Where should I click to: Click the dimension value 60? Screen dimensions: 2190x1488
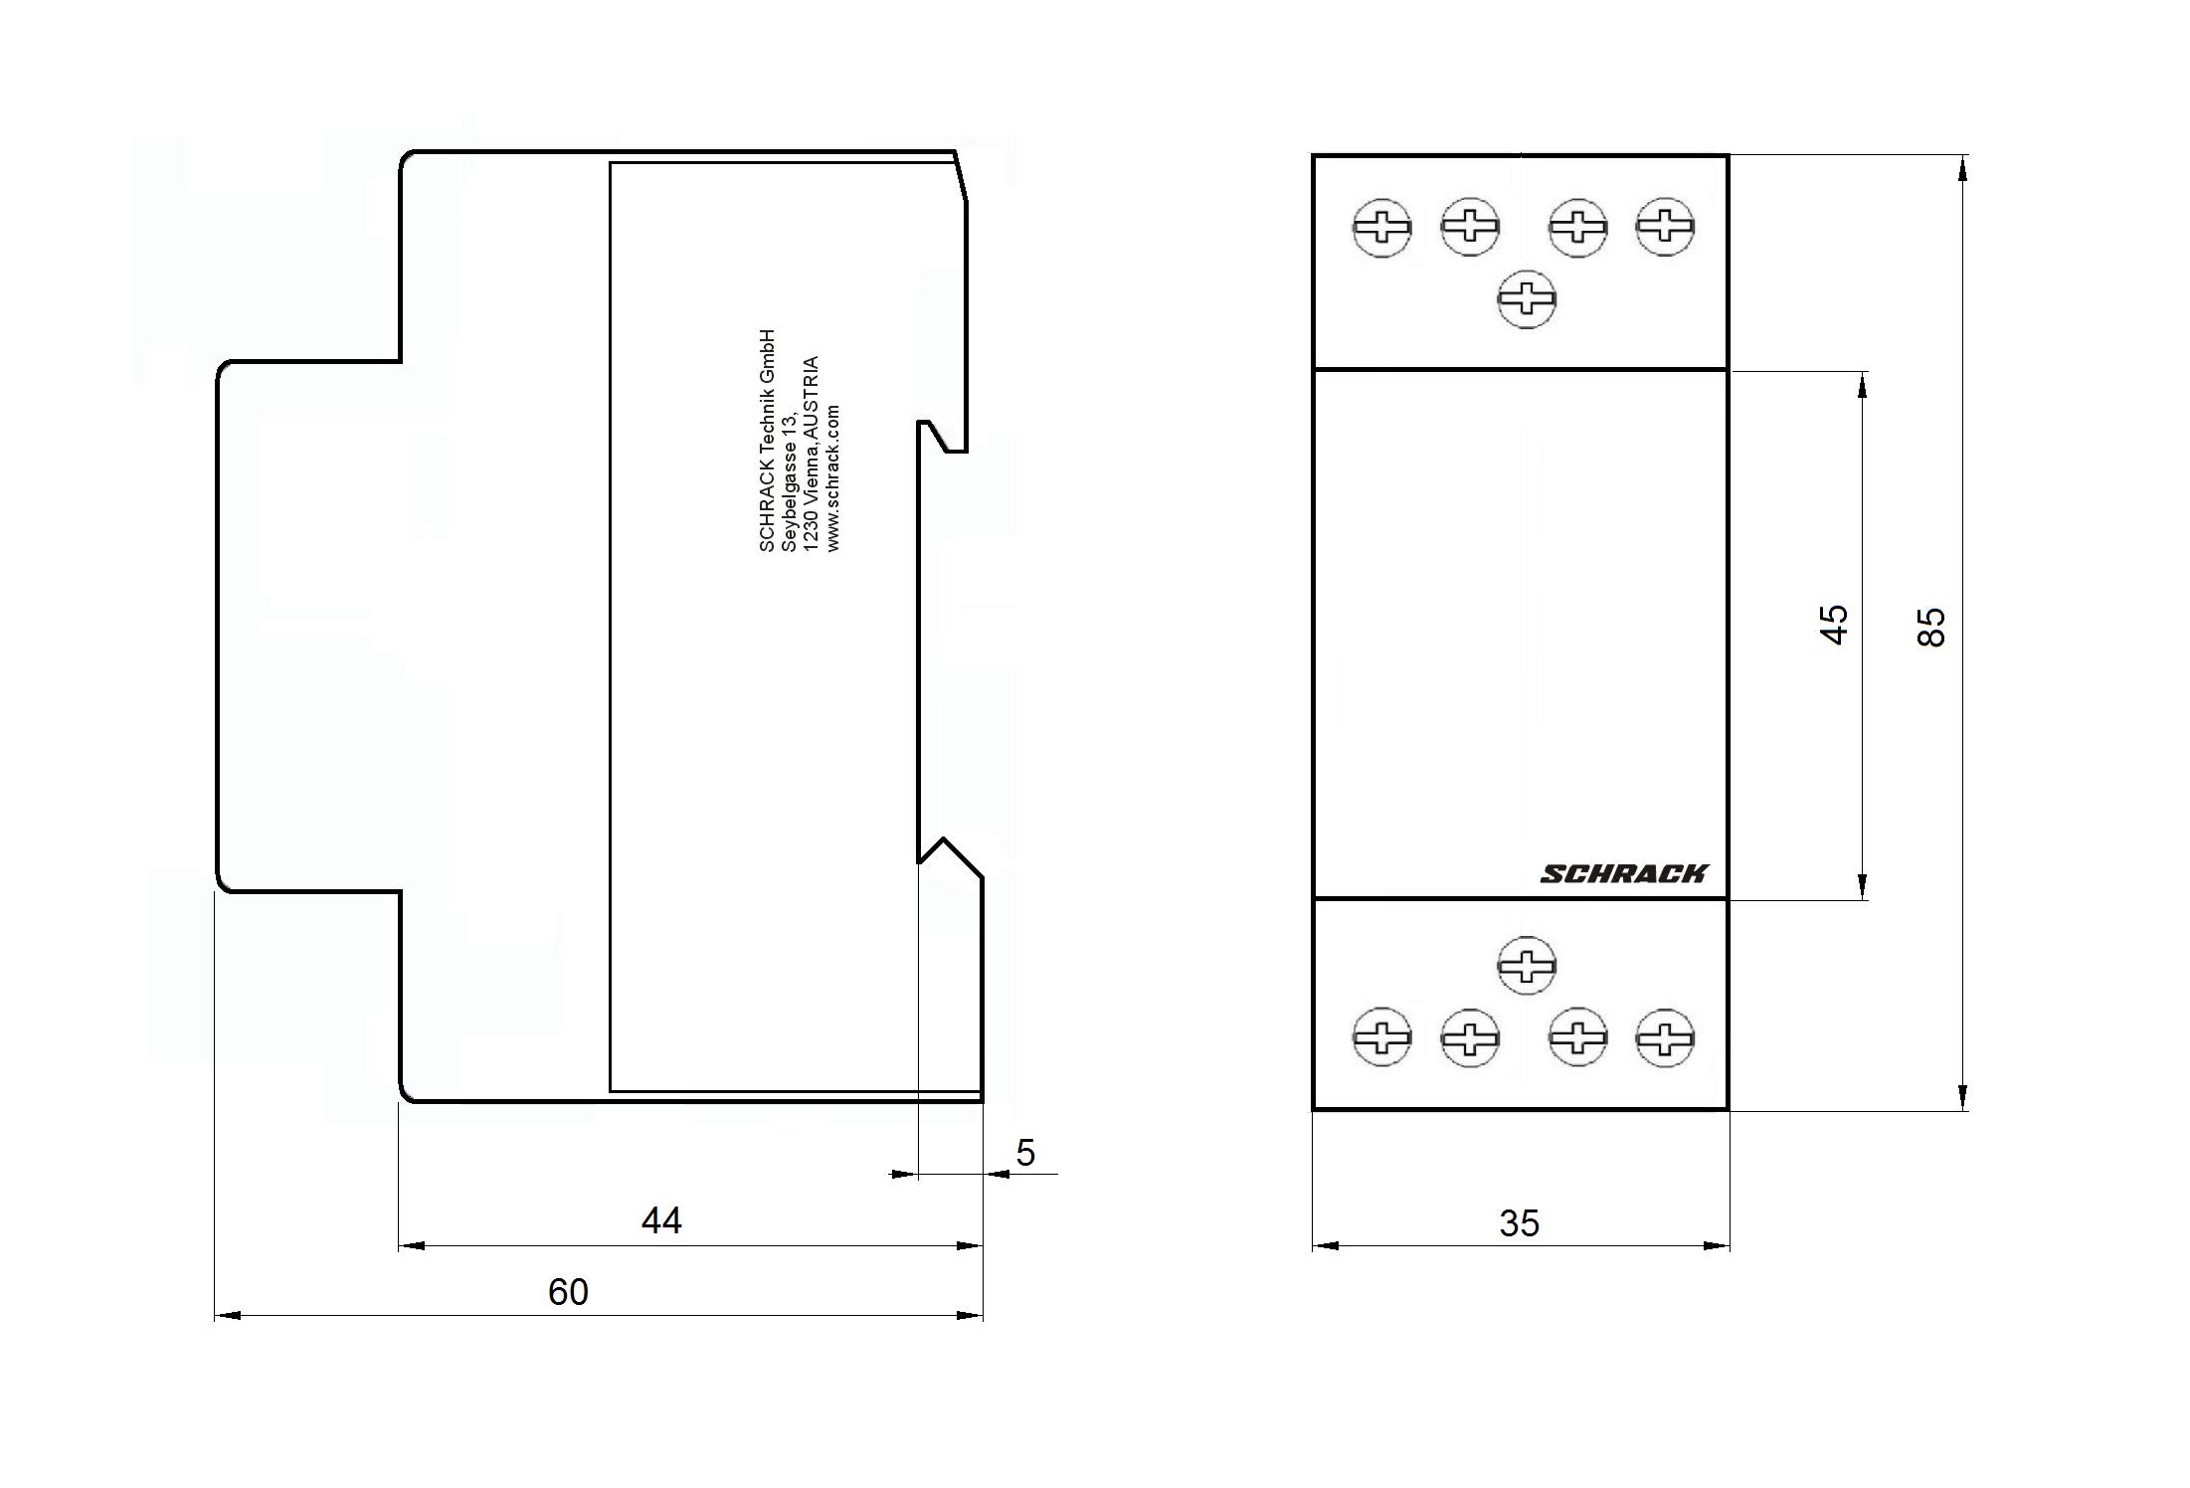[568, 1292]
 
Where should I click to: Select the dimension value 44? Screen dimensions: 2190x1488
[661, 1220]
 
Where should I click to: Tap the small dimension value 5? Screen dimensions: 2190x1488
[1025, 1153]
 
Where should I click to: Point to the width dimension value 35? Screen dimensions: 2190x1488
[1519, 1223]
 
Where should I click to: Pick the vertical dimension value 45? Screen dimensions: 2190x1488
[1834, 625]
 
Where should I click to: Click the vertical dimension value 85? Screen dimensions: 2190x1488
[1930, 627]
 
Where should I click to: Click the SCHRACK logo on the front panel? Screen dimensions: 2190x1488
[1623, 873]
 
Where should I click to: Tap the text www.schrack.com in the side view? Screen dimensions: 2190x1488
[833, 477]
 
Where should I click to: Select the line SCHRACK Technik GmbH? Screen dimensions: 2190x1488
[766, 441]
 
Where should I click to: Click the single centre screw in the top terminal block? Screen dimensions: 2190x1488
[1527, 298]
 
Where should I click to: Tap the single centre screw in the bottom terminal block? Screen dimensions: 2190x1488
[1527, 964]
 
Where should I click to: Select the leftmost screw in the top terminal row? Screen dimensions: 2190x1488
[1382, 228]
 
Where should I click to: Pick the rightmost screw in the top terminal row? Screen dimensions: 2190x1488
[1666, 227]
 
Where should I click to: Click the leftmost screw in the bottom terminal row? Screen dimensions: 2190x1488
[1382, 1037]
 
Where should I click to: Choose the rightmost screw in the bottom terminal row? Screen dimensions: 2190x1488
[1666, 1037]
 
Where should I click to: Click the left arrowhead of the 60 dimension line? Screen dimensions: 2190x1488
[228, 1316]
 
